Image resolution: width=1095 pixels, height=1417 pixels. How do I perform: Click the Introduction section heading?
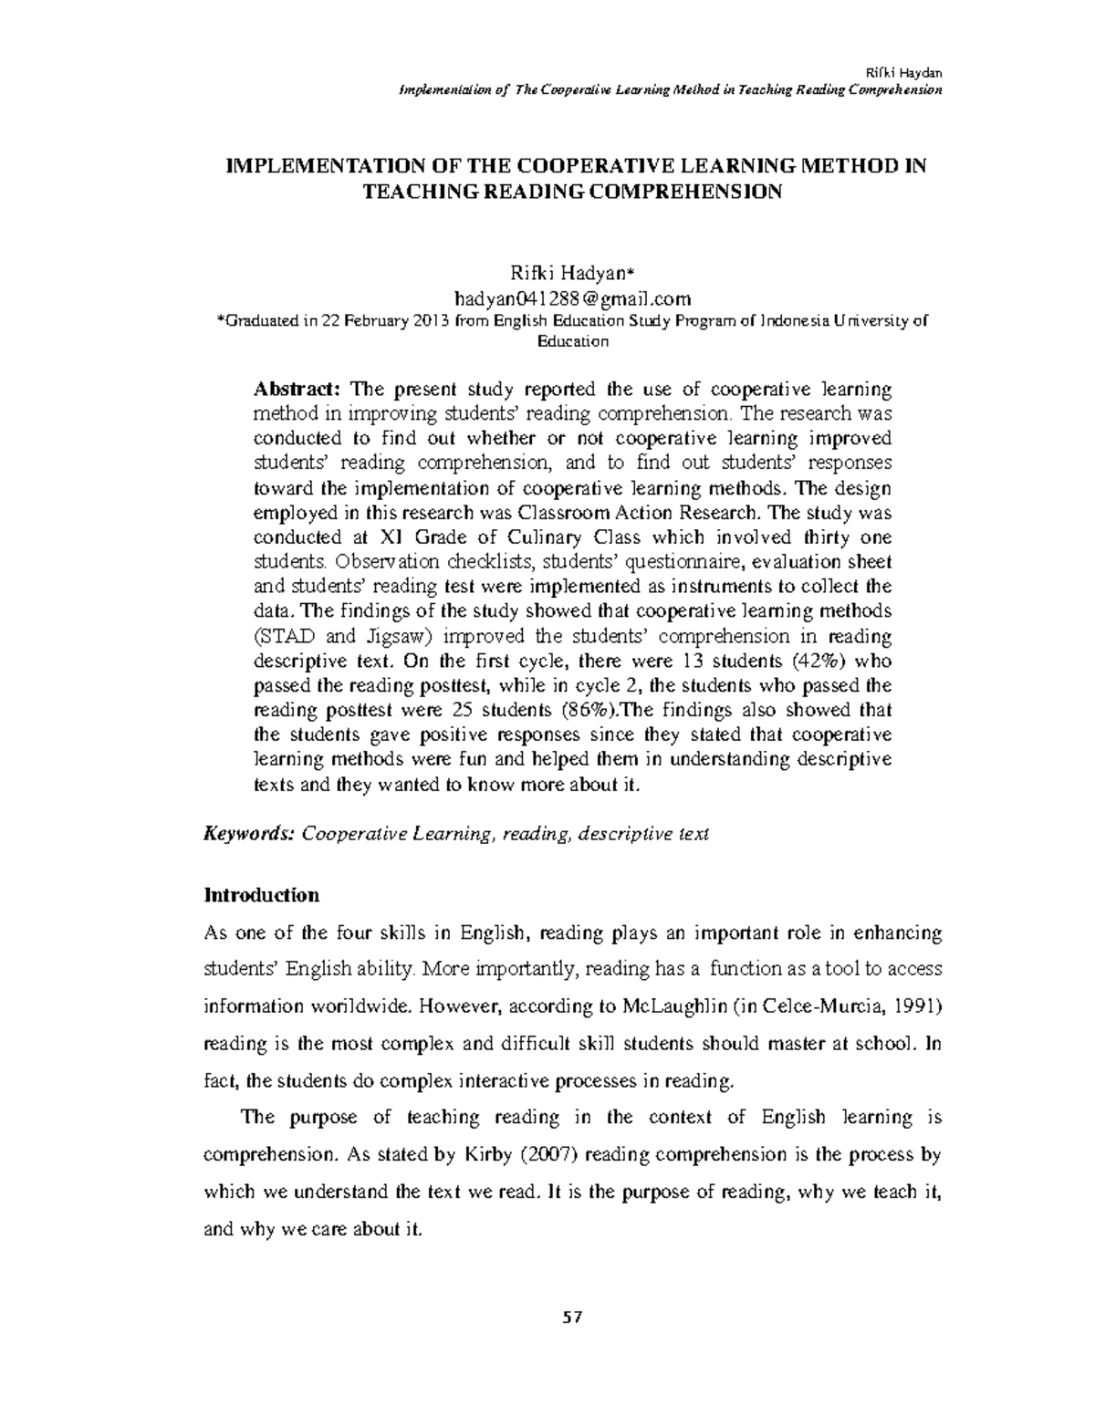[261, 894]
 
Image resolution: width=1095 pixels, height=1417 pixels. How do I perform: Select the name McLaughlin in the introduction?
[673, 1005]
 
